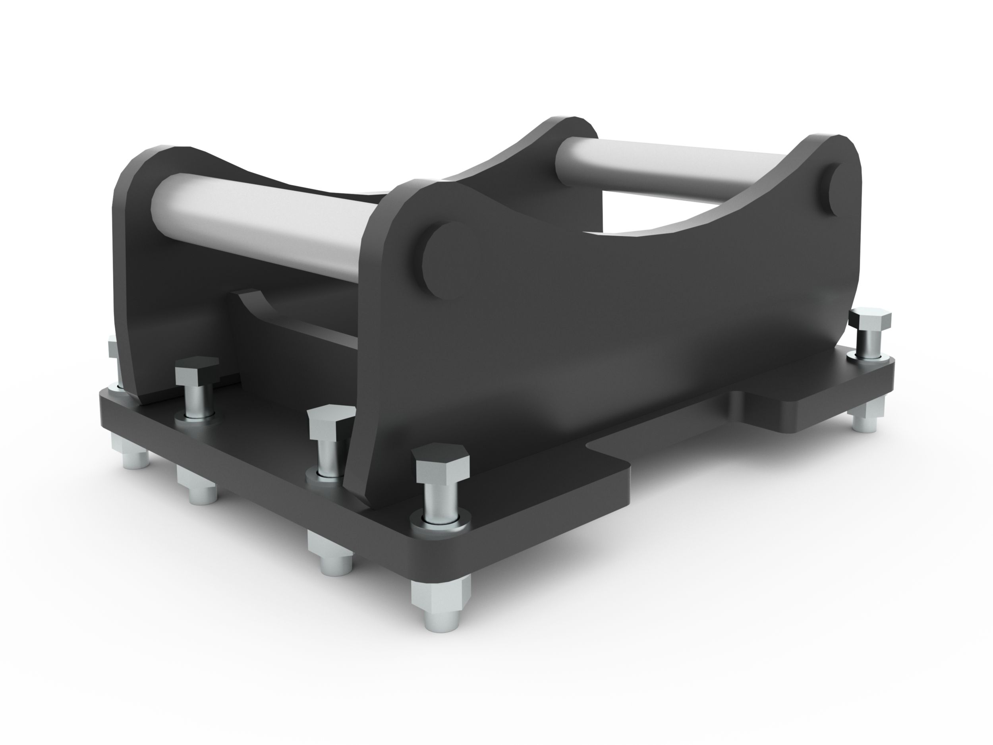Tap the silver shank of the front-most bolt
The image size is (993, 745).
click(441, 499)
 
